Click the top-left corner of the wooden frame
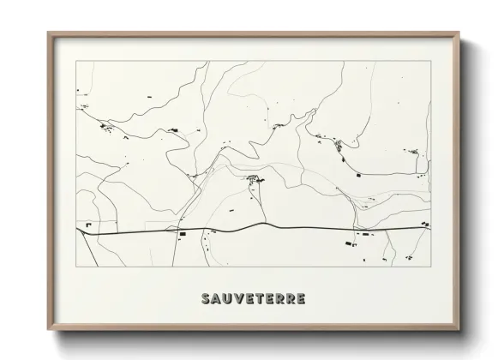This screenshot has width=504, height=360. click(x=48, y=33)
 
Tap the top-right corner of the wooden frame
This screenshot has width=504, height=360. click(x=459, y=33)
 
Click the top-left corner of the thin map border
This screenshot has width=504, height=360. click(x=76, y=61)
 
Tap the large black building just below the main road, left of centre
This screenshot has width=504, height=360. click(x=181, y=233)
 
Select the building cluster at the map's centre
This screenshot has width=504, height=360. click(x=255, y=179)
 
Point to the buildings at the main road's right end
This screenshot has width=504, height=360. click(x=423, y=225)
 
